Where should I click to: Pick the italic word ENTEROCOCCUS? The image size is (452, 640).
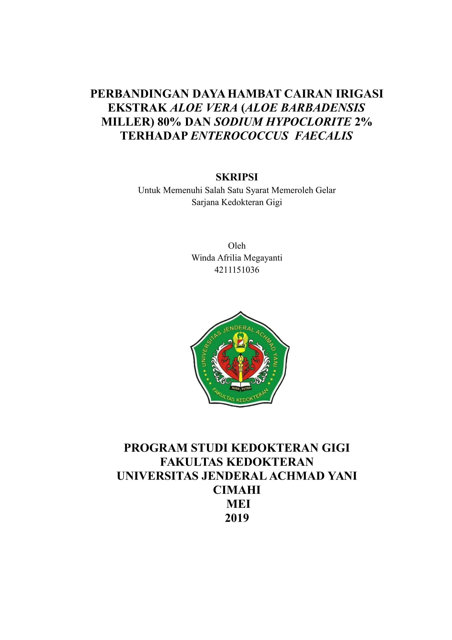tap(239, 136)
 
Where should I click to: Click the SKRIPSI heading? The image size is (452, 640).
tap(237, 177)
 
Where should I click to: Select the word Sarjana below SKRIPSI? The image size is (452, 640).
tap(205, 202)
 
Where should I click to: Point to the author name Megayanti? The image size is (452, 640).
tap(263, 257)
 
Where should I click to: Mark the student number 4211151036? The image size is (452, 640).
tap(237, 270)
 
